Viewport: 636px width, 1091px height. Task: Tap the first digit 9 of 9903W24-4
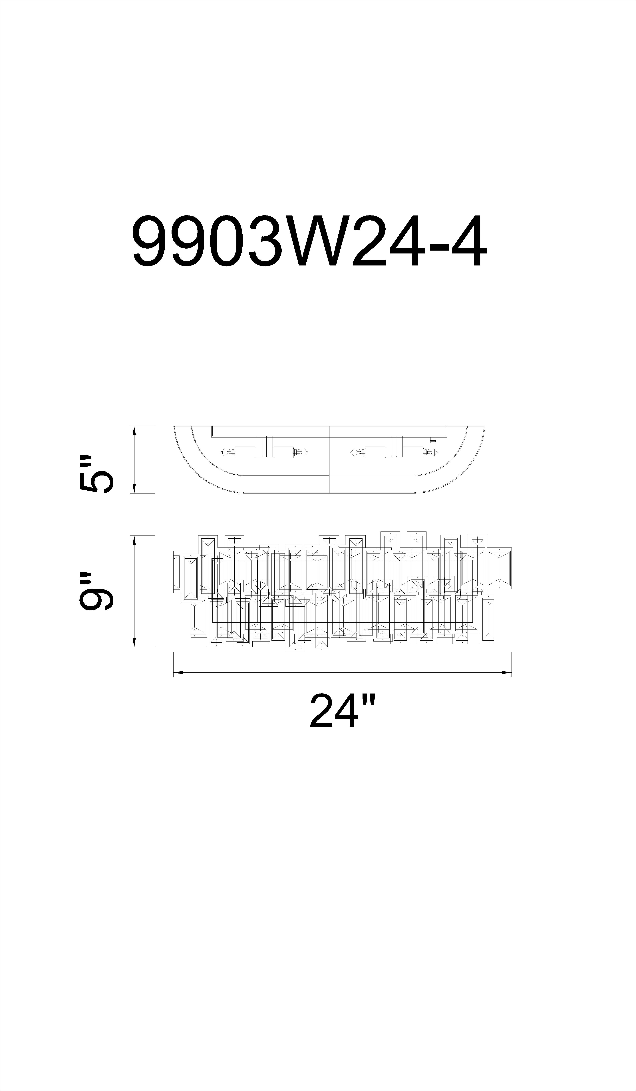[150, 241]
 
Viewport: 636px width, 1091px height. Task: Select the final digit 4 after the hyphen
[469, 241]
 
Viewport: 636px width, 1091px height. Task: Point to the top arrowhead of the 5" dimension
[134, 431]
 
